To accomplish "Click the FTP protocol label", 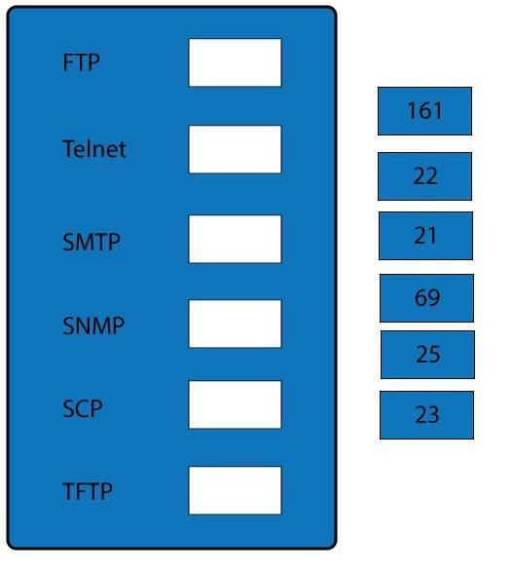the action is click(81, 62).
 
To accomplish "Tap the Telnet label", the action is click(94, 149).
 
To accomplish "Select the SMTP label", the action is click(91, 242).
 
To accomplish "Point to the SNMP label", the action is click(93, 325).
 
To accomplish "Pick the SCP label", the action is click(83, 408).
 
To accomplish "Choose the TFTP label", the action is click(88, 491).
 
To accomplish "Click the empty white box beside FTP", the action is click(236, 62).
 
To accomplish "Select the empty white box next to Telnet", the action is click(236, 149).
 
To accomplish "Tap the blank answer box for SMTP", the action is click(236, 239).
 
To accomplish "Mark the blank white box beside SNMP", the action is click(236, 324).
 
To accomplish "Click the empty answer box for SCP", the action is click(236, 404).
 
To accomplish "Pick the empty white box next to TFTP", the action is click(236, 490).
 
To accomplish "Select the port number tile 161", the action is click(425, 111).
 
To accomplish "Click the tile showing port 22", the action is click(425, 176).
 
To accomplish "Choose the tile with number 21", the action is click(425, 236).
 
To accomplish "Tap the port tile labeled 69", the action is click(426, 298).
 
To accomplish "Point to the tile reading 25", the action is click(427, 355).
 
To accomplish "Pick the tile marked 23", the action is click(426, 415).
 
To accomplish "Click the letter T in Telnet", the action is click(69, 149).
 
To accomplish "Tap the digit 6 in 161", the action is click(425, 111).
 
